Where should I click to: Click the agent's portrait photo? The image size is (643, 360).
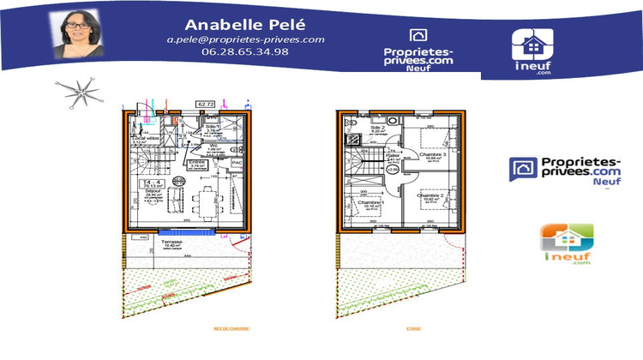79,33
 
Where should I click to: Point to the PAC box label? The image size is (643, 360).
237,160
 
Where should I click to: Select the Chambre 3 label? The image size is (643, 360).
431,153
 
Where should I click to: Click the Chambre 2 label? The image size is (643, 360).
431,195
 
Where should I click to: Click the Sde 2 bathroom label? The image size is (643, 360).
378,128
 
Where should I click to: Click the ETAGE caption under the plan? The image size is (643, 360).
415,327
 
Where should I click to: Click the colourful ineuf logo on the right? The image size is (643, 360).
566,244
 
